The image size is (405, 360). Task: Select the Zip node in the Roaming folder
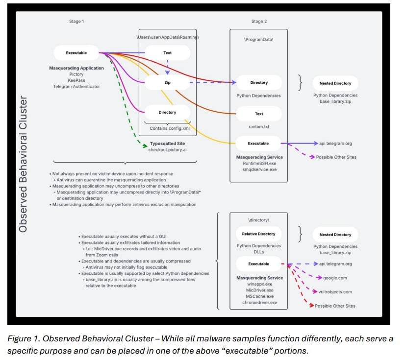click(x=167, y=82)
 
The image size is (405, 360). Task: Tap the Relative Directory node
click(x=259, y=234)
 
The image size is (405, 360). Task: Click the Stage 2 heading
click(x=259, y=22)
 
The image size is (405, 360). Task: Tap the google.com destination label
click(x=335, y=278)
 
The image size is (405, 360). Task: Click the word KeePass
click(x=76, y=80)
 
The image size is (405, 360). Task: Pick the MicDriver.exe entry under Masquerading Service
click(x=259, y=289)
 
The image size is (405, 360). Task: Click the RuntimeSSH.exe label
click(x=259, y=163)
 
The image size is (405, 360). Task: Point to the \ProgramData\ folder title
click(x=258, y=38)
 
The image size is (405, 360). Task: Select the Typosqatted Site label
click(x=168, y=143)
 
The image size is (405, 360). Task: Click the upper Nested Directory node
click(x=335, y=83)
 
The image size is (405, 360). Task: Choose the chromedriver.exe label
click(x=259, y=302)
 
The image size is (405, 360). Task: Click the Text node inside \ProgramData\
click(x=259, y=114)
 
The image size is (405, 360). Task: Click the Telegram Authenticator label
click(x=76, y=87)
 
